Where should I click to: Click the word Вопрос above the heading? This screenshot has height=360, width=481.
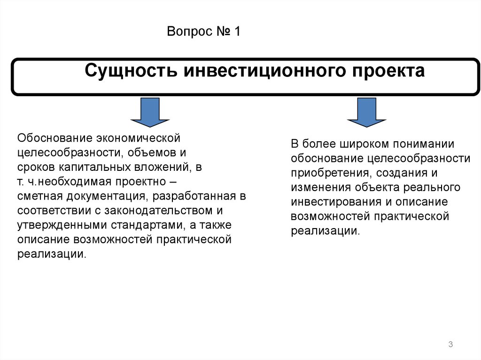186,33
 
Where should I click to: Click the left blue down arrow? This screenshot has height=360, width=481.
150,113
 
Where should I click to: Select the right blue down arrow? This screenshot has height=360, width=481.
367,113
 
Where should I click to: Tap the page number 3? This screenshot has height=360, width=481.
450,345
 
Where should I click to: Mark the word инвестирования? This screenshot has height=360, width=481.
334,202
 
